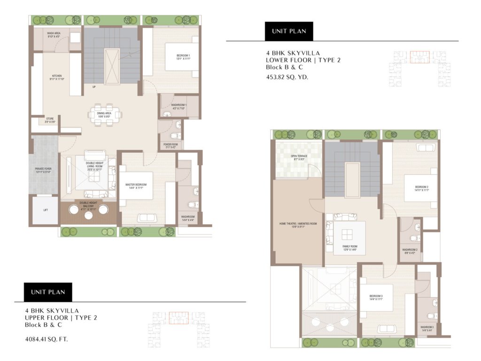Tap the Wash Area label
(x=54, y=34)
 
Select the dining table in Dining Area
(x=106, y=115)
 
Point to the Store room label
(x=50, y=120)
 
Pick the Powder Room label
(x=169, y=146)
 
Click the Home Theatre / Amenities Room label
(x=298, y=225)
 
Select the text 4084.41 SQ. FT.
(x=47, y=338)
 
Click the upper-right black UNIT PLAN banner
(x=289, y=31)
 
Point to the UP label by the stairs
(x=94, y=86)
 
